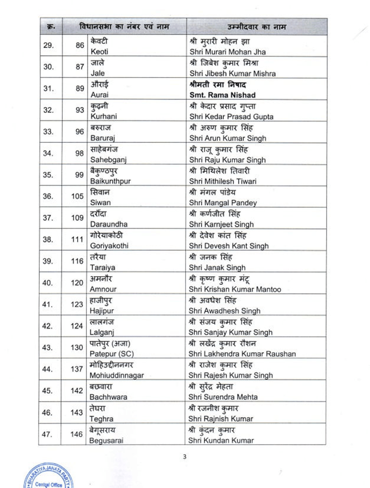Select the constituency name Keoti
tap(99, 52)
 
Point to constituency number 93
tap(79, 110)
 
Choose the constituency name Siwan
tap(99, 203)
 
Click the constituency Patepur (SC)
tap(109, 353)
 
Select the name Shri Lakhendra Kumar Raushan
tap(242, 353)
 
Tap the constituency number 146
tap(77, 434)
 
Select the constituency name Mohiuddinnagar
tap(117, 375)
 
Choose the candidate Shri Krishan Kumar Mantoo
tap(235, 289)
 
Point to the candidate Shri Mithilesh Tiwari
tap(222, 181)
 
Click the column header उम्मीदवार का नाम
tap(256, 26)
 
